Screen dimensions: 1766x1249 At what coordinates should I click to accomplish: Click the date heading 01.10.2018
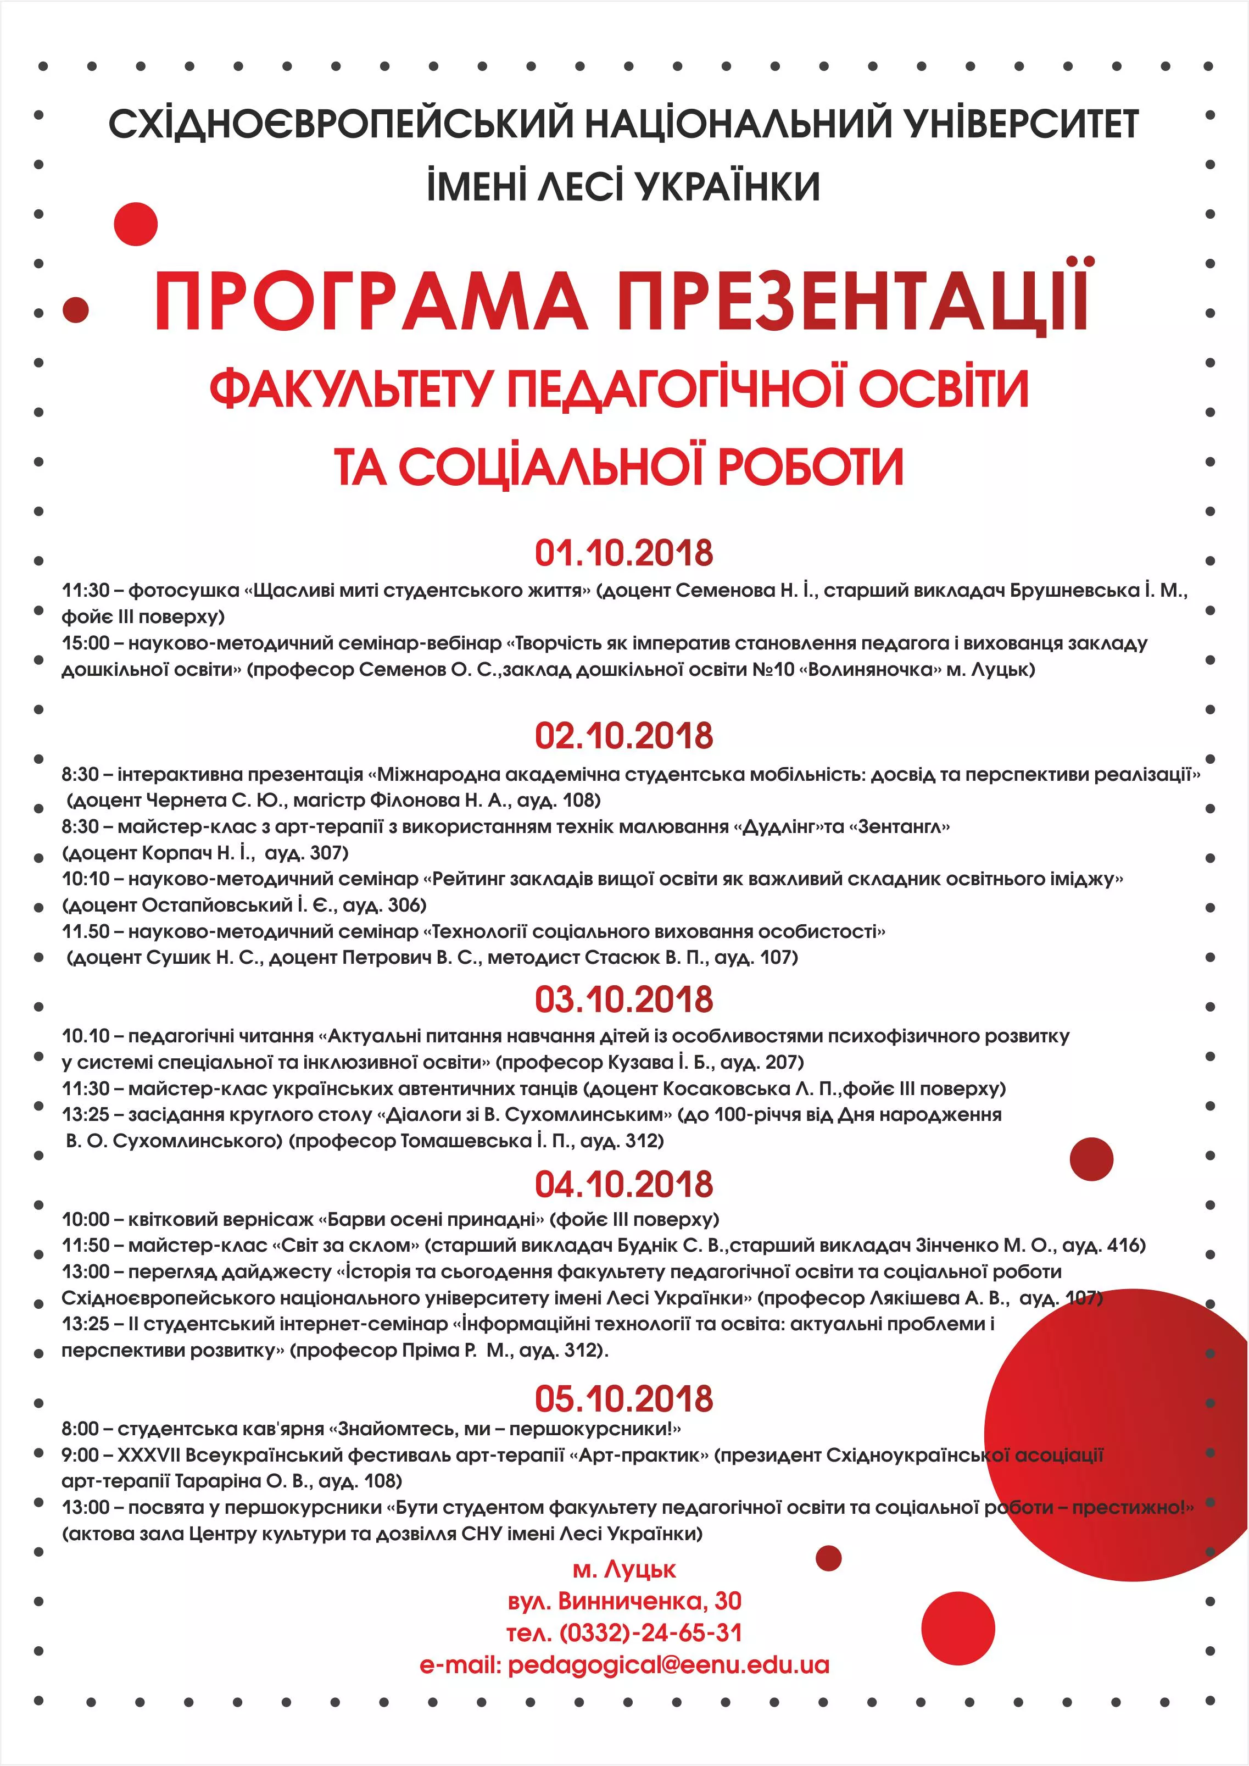click(x=624, y=553)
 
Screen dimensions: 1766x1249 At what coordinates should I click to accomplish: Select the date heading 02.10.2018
click(x=624, y=736)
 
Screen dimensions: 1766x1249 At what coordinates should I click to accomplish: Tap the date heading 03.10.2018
click(x=624, y=999)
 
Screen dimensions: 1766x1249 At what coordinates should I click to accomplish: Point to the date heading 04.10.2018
click(x=624, y=1184)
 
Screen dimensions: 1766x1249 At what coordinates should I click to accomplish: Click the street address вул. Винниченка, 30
click(x=624, y=1601)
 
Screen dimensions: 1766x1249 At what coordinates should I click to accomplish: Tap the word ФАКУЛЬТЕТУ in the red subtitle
click(x=350, y=388)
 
